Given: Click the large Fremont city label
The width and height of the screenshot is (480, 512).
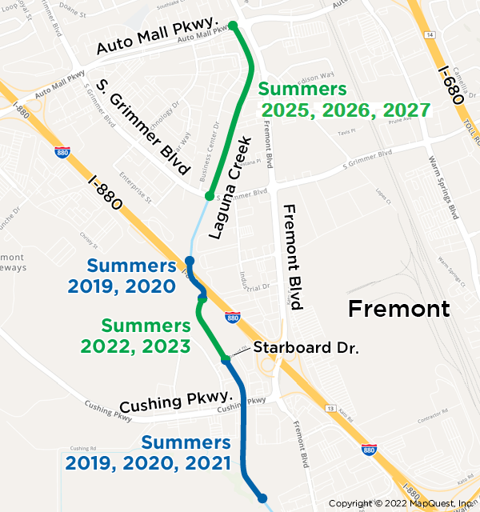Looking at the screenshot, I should tap(398, 309).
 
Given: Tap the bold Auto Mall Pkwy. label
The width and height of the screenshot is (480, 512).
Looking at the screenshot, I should tap(158, 38).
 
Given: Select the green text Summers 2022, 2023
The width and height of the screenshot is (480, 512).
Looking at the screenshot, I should tap(146, 336).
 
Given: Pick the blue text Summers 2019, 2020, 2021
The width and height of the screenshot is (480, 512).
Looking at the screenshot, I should tap(148, 453).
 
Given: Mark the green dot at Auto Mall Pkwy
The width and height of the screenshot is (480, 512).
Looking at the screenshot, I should tap(234, 26).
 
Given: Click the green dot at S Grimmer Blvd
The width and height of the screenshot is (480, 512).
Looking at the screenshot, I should tap(209, 196).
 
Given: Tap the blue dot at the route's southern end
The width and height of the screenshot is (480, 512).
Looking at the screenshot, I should tap(262, 498).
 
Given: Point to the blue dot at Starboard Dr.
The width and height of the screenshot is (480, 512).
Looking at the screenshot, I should tap(226, 360).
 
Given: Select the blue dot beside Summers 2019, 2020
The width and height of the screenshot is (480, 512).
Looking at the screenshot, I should tap(190, 261).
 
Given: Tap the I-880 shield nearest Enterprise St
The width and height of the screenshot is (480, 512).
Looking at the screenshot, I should tap(62, 151).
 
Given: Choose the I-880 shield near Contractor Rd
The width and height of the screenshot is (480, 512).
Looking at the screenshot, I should tap(369, 450).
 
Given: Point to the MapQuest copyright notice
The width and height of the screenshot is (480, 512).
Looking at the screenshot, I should tap(402, 503).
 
